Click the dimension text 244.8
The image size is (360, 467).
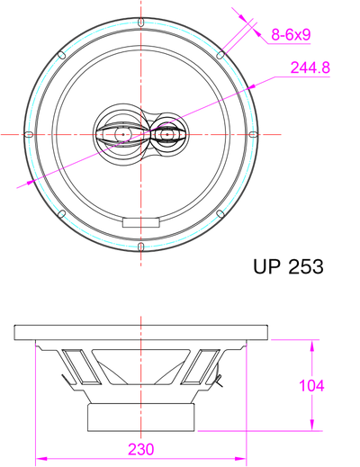(310, 67)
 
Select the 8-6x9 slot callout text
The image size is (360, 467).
(291, 35)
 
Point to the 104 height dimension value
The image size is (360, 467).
(311, 385)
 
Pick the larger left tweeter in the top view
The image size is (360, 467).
(119, 135)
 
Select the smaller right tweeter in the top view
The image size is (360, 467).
(167, 135)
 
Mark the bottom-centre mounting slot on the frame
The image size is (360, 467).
(141, 246)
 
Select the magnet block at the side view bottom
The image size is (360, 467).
(141, 417)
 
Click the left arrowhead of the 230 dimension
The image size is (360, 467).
(39, 457)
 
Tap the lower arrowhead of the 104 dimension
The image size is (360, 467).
(311, 427)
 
